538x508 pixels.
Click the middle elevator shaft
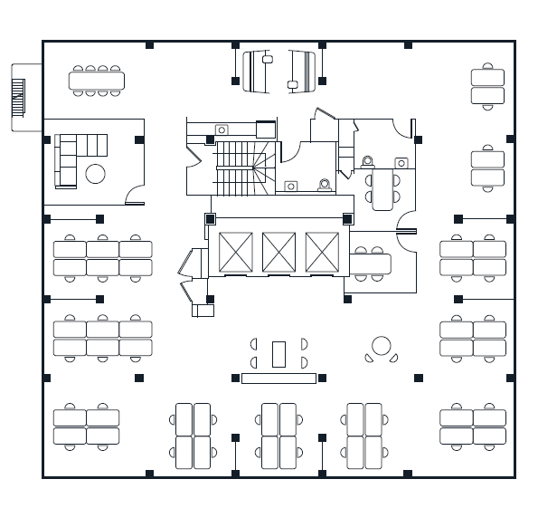click(x=278, y=252)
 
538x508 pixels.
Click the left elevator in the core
click(x=235, y=252)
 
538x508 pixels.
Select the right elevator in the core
click(x=322, y=252)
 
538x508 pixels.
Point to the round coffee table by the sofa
click(x=95, y=174)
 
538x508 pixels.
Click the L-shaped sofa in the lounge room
click(x=72, y=156)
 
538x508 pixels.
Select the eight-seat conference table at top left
click(x=97, y=81)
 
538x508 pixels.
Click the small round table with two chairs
click(x=382, y=346)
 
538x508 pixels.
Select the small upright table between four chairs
click(x=278, y=353)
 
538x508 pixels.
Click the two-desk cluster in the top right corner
click(x=487, y=86)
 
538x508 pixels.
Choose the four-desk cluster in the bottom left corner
click(x=86, y=427)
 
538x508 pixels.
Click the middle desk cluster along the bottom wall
click(x=278, y=436)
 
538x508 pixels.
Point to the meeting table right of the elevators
click(x=371, y=264)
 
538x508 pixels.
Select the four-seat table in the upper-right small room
click(x=382, y=188)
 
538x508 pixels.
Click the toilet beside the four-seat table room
click(x=367, y=162)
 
